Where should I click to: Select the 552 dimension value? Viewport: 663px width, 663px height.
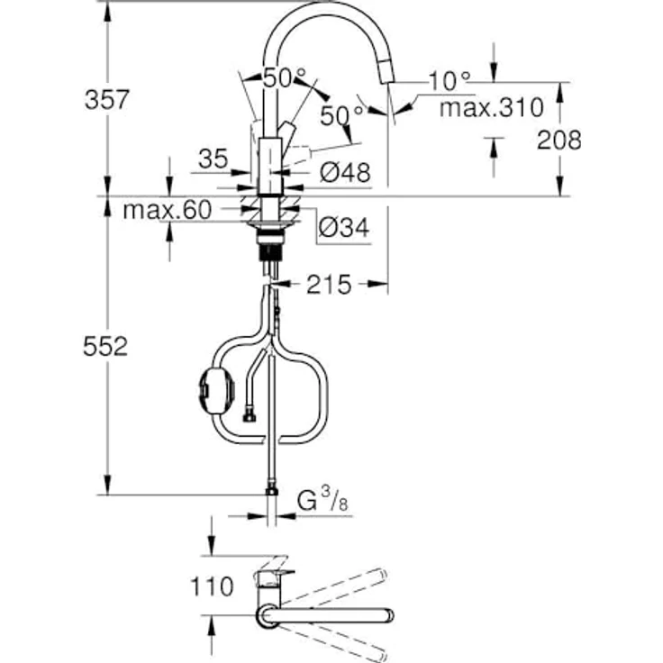click(x=103, y=346)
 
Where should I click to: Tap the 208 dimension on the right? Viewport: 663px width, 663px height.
click(x=558, y=140)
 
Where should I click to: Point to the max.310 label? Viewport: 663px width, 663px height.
click(x=491, y=109)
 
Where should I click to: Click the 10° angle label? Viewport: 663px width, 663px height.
click(x=450, y=82)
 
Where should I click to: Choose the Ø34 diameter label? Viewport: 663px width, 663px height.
click(x=343, y=230)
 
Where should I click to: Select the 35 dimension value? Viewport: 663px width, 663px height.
click(x=213, y=159)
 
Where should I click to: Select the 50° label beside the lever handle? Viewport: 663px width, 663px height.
click(x=341, y=114)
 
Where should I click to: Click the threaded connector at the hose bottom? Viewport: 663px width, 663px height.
click(x=270, y=491)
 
